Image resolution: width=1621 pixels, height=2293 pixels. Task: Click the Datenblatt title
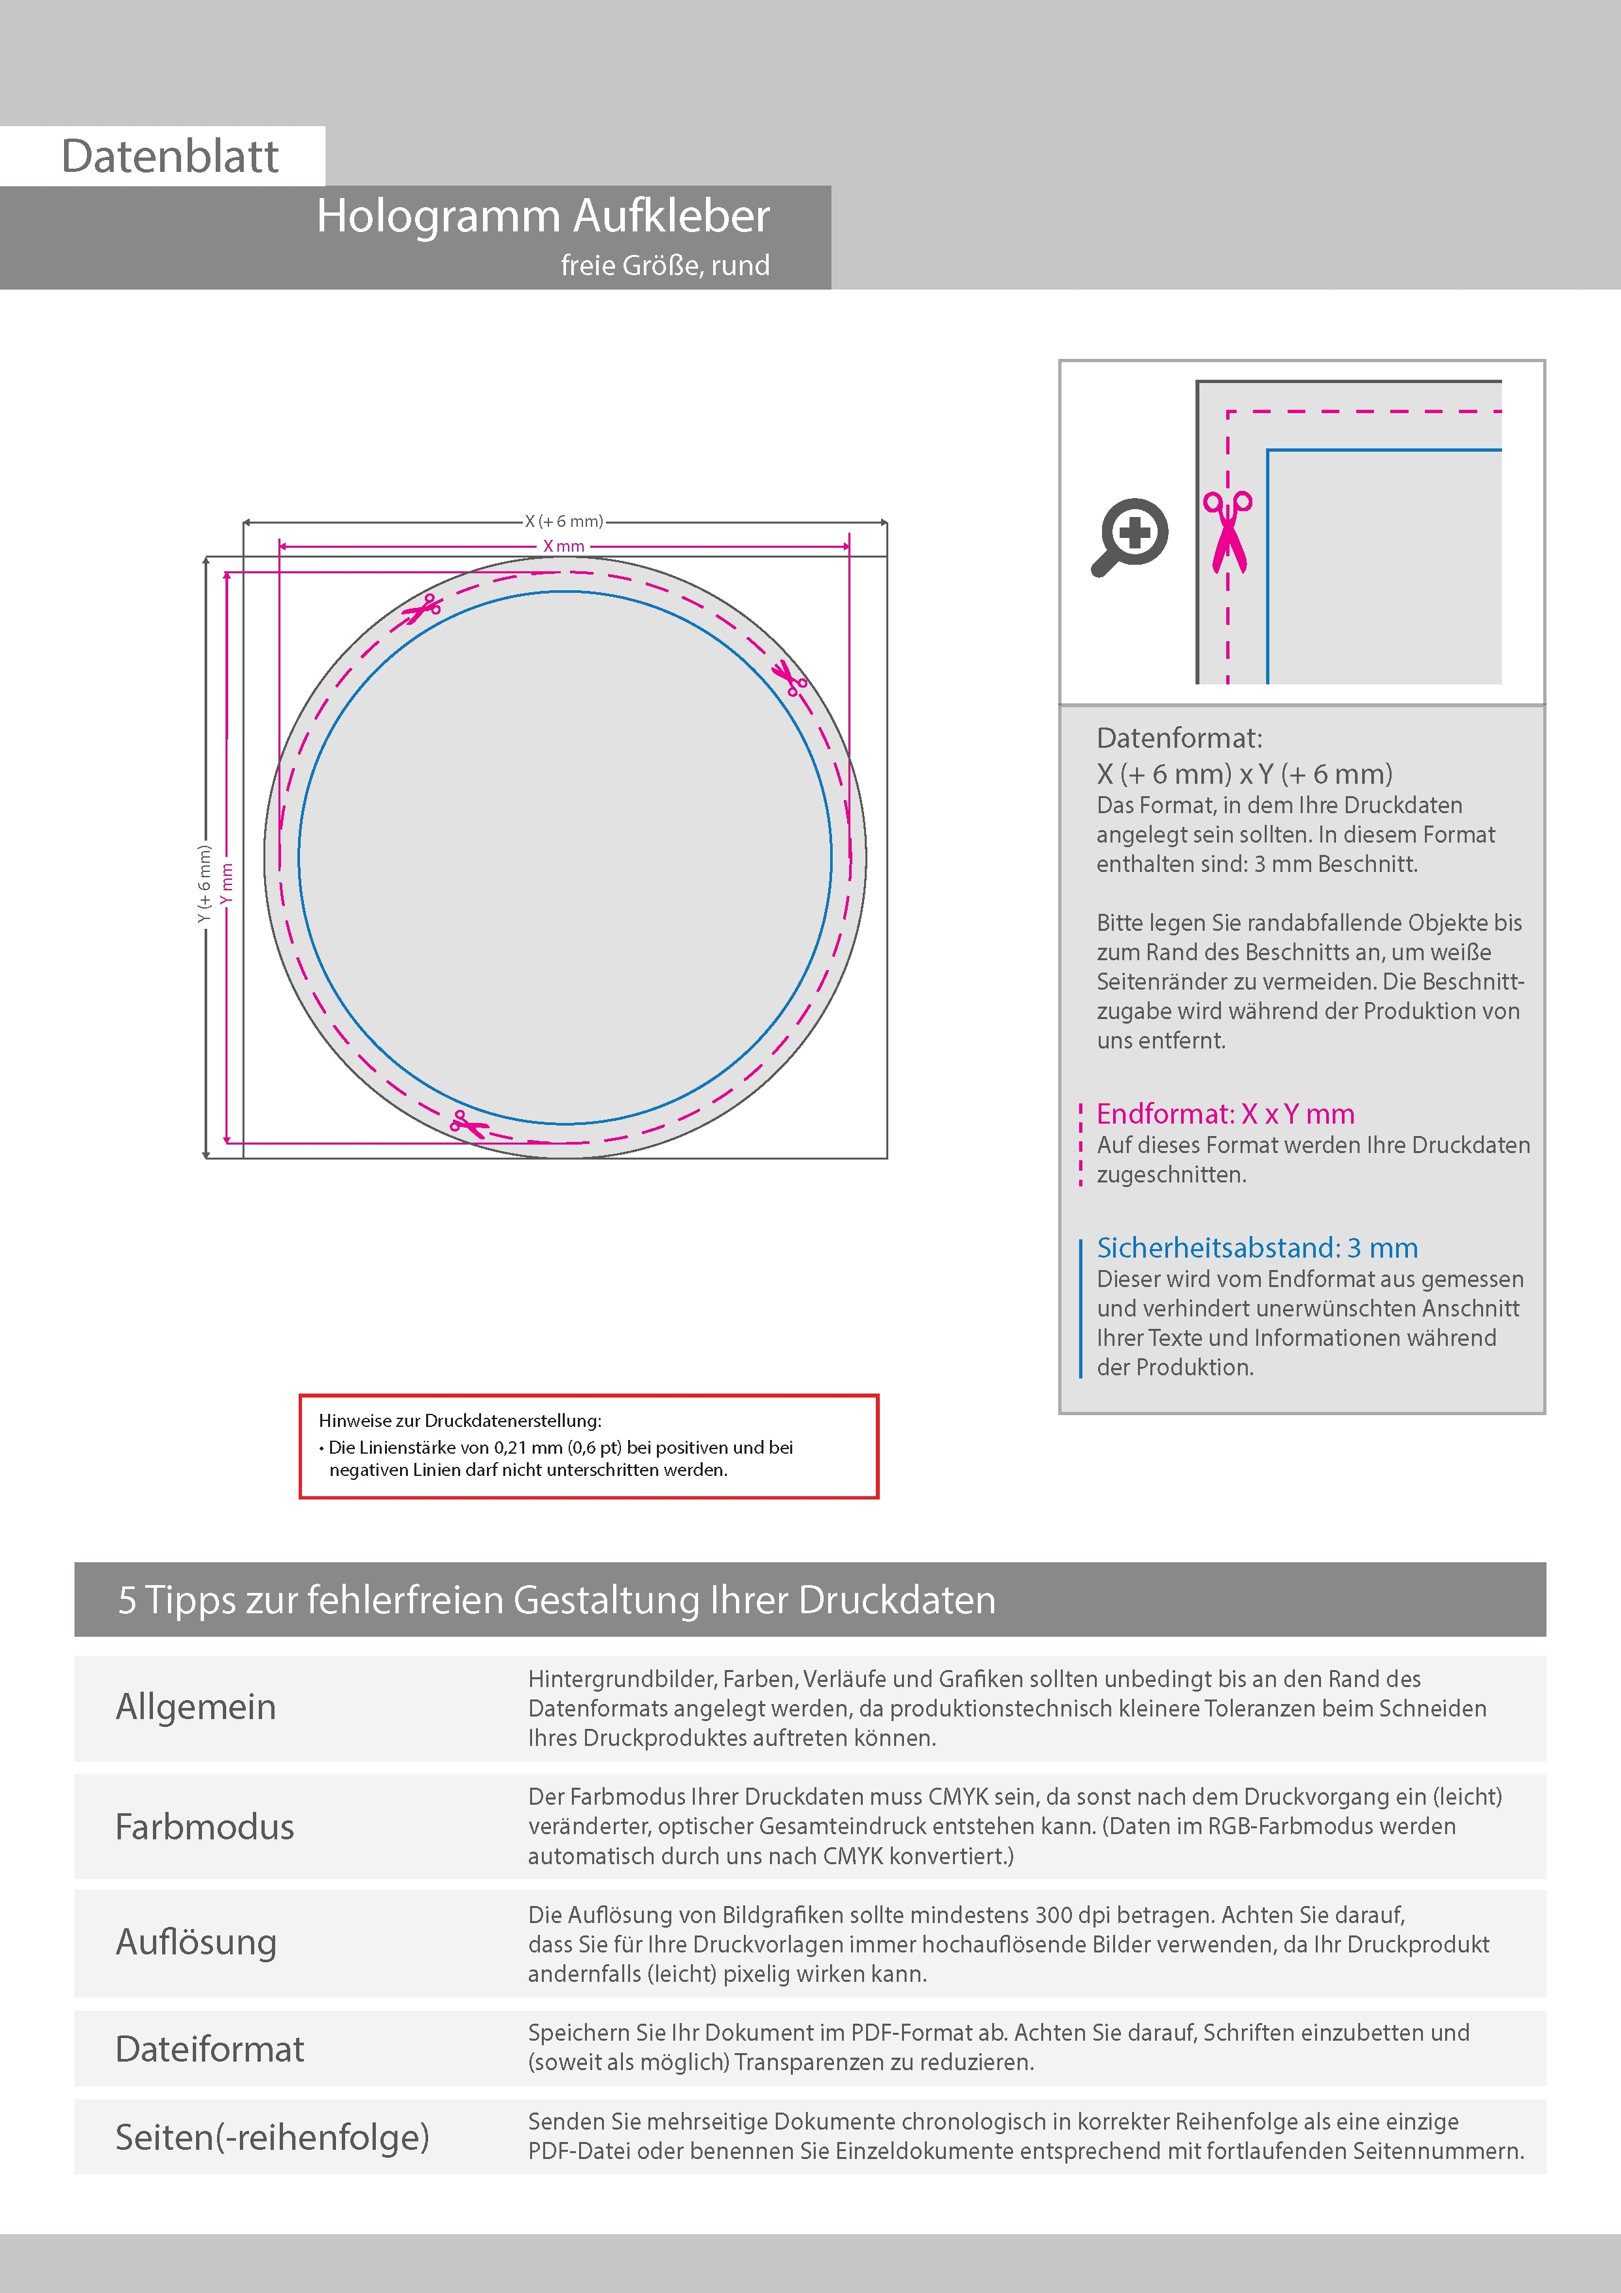170,157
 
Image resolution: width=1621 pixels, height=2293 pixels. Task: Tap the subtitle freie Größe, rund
664,265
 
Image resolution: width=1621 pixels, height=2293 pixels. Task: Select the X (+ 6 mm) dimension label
564,522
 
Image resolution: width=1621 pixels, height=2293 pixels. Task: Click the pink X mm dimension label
563,546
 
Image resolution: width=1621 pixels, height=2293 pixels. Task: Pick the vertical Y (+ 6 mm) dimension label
205,883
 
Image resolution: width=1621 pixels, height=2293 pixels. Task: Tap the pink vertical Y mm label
227,883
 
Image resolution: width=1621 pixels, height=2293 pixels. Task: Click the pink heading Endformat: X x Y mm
1224,1114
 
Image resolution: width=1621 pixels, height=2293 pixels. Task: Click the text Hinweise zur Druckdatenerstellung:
460,1420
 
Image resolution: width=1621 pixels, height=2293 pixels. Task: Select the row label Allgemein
195,1707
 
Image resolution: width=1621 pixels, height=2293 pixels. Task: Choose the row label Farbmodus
205,1826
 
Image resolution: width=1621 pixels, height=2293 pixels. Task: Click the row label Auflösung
195,1941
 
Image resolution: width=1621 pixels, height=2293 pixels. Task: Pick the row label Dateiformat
210,2049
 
